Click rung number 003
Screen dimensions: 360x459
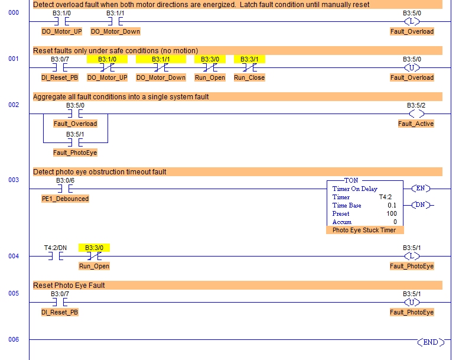click(x=14, y=180)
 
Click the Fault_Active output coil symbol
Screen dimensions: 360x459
click(x=416, y=113)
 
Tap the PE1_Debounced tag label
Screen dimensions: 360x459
click(x=65, y=199)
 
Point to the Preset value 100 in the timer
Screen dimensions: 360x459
click(x=391, y=213)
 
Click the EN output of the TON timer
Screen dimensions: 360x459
click(x=421, y=189)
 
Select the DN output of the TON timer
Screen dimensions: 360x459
click(x=421, y=205)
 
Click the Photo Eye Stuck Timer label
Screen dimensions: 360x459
click(x=364, y=230)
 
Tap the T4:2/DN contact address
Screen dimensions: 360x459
click(x=56, y=248)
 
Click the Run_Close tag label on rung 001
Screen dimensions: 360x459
click(x=249, y=77)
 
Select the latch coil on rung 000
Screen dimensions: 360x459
click(x=412, y=22)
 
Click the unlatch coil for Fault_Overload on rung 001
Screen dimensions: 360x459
click(x=412, y=68)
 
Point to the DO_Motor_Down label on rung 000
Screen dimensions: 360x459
click(x=116, y=31)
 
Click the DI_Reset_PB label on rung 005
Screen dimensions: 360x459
click(x=60, y=312)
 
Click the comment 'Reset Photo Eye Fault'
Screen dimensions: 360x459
click(x=69, y=285)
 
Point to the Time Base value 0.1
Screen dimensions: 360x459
click(x=392, y=205)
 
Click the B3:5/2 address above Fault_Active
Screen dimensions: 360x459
click(x=416, y=105)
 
